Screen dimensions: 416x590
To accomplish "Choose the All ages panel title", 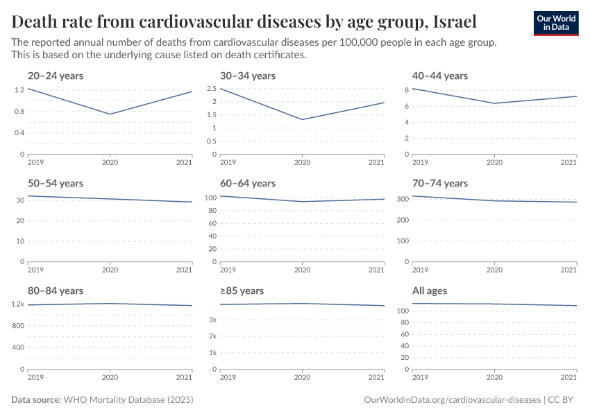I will (430, 291).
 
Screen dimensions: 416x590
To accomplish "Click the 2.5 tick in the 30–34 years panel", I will (211, 89).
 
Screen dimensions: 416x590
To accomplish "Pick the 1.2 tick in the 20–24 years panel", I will (19, 90).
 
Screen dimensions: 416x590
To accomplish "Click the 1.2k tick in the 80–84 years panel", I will (18, 304).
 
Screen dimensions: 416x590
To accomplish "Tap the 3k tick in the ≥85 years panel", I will (213, 320).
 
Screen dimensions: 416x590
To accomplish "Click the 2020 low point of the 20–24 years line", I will (110, 114).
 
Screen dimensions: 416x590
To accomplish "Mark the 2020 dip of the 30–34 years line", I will (302, 119).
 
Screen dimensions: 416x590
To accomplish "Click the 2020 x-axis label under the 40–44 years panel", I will (494, 162).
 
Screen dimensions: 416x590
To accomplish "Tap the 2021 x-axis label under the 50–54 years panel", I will (184, 270).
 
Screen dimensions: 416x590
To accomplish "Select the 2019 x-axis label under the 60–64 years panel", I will (228, 270).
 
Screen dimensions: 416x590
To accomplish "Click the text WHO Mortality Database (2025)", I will (128, 400).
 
